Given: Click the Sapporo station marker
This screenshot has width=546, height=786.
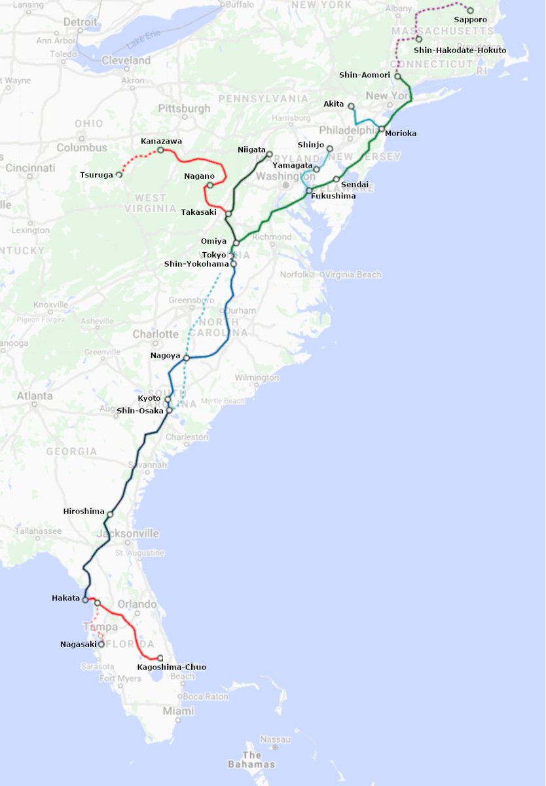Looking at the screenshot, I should [470, 10].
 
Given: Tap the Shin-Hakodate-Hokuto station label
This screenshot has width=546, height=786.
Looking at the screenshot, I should [460, 50].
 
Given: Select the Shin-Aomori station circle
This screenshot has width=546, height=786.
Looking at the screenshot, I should [397, 76].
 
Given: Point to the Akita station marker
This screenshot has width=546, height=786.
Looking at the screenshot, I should [351, 106].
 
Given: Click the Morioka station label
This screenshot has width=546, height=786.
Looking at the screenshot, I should [401, 134].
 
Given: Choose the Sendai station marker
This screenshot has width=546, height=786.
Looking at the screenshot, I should [336, 179].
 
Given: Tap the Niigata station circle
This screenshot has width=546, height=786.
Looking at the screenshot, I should [270, 154].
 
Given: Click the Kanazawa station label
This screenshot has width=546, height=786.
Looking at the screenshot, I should [162, 141].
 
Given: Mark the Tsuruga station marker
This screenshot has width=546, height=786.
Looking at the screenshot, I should [119, 175].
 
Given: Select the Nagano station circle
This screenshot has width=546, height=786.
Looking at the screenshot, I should [209, 185].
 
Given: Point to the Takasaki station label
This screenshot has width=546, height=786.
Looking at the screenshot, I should [198, 212].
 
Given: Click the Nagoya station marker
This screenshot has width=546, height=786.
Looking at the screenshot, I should [187, 358].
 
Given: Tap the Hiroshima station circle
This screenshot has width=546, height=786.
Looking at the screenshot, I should [109, 514].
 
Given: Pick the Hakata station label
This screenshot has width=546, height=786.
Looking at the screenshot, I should [65, 598].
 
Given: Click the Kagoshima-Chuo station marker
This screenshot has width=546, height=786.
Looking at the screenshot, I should [160, 658].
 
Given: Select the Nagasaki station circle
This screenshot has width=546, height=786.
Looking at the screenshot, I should [101, 644].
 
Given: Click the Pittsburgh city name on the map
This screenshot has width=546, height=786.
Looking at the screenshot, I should [185, 108].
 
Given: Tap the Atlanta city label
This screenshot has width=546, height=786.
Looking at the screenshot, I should [35, 396].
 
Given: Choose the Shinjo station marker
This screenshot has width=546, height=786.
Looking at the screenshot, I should [330, 149].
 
